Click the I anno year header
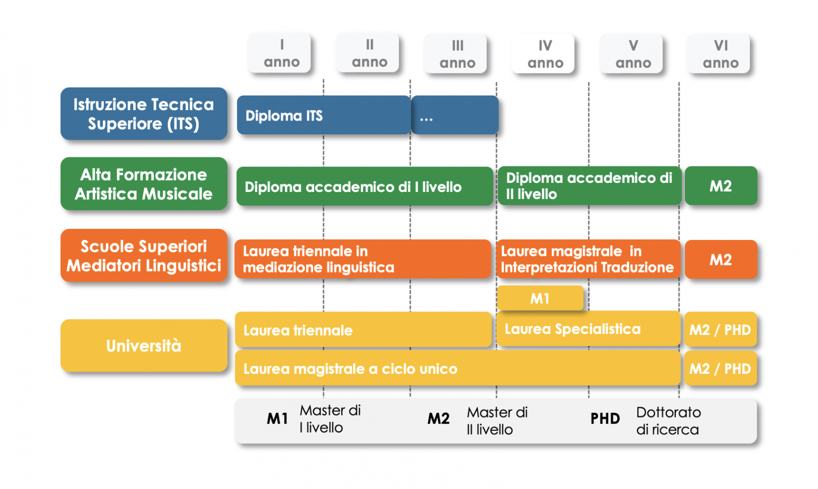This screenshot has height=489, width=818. (281, 53)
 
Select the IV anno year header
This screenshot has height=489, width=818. (545, 54)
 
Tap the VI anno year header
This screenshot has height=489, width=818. (720, 54)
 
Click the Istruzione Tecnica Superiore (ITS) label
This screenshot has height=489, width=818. (144, 114)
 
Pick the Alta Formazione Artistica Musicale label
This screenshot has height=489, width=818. (144, 184)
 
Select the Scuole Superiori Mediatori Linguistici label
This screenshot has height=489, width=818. (144, 255)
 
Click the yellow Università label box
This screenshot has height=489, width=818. (144, 346)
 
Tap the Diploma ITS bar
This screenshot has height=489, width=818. (323, 115)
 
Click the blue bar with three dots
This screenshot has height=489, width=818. (455, 115)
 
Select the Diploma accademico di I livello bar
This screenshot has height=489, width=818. (364, 187)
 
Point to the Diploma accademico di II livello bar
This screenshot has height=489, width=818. (589, 186)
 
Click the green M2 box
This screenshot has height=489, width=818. (721, 186)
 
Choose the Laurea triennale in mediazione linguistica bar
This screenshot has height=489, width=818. (363, 259)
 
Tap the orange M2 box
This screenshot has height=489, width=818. (721, 260)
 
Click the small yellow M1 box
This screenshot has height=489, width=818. (540, 298)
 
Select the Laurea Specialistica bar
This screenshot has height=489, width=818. (588, 329)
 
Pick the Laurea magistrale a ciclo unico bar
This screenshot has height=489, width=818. (457, 368)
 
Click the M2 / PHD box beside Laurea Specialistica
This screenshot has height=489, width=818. (720, 330)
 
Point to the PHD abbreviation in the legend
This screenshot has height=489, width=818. (605, 419)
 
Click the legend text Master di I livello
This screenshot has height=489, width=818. (330, 419)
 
